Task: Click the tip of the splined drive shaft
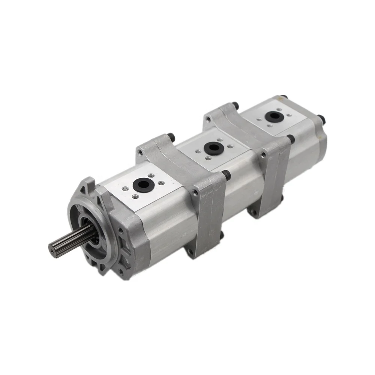(x=52, y=248)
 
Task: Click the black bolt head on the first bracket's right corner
(x=226, y=174)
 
